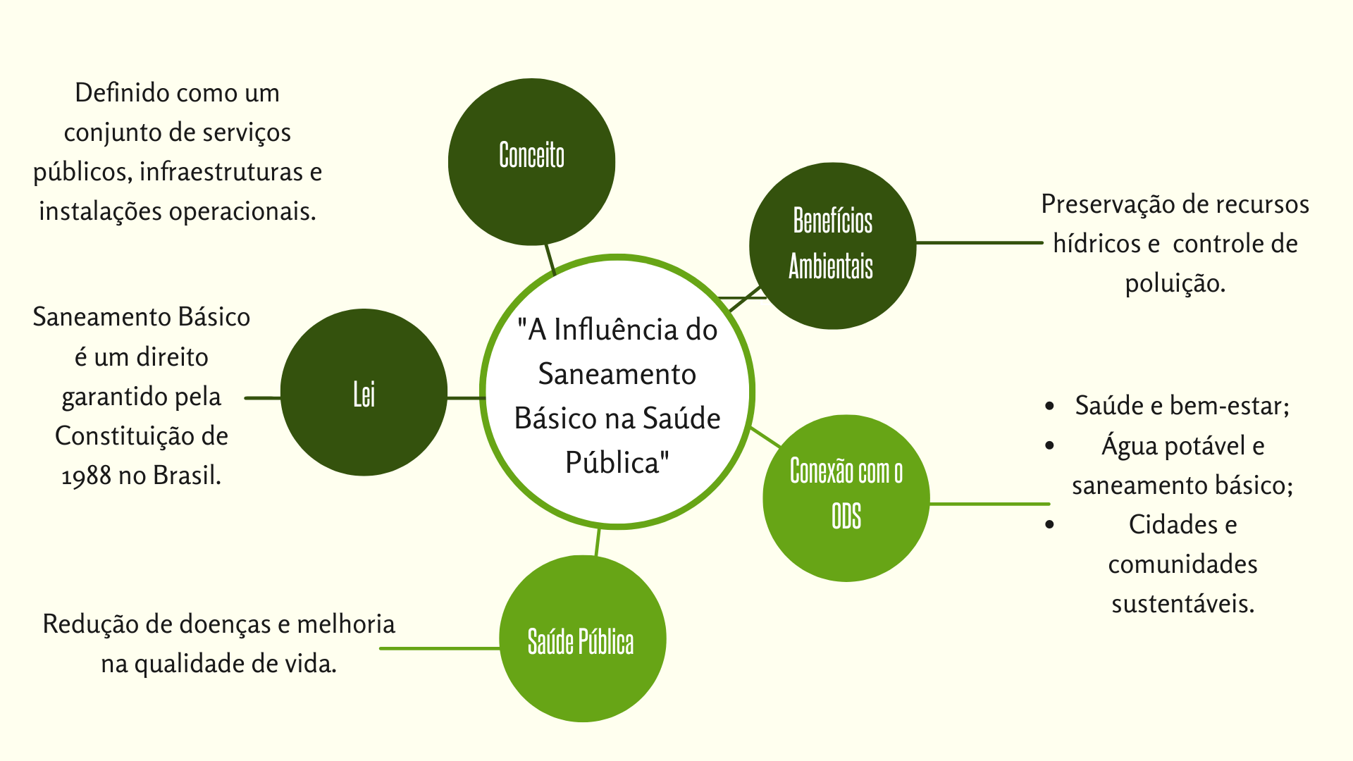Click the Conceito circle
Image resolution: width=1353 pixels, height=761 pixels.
531,162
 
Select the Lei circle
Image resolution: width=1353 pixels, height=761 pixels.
364,392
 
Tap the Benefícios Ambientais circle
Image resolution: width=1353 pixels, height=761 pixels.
832,246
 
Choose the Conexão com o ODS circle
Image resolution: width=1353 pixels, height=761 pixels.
846,498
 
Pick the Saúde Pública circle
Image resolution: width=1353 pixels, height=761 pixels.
582,638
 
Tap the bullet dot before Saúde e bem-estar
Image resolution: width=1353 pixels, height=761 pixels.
1050,407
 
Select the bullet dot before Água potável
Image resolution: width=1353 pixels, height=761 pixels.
1050,446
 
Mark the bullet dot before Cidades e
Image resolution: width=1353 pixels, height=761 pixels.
1050,524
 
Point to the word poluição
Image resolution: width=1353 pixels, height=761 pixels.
1175,283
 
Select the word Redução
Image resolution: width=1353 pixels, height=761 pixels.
89,624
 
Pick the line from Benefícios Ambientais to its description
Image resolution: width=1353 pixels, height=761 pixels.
979,242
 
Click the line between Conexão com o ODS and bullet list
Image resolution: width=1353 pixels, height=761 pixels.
989,504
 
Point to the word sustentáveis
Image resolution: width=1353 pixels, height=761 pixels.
1182,604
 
